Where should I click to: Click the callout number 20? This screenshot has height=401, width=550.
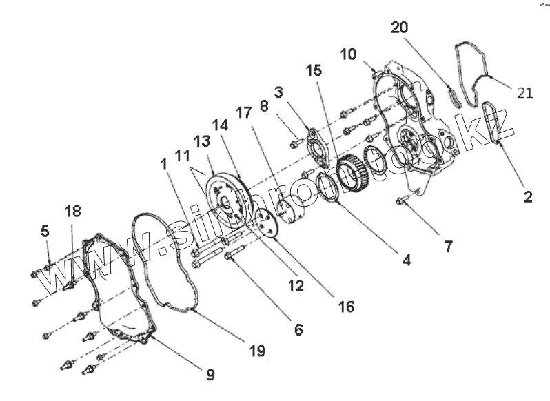399,28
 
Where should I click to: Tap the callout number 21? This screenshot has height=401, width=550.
524,92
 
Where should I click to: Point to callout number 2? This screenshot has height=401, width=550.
528,197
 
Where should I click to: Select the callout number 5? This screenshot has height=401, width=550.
45,232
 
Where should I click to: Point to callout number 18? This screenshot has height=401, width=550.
72,211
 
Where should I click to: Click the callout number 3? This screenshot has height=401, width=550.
278,92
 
